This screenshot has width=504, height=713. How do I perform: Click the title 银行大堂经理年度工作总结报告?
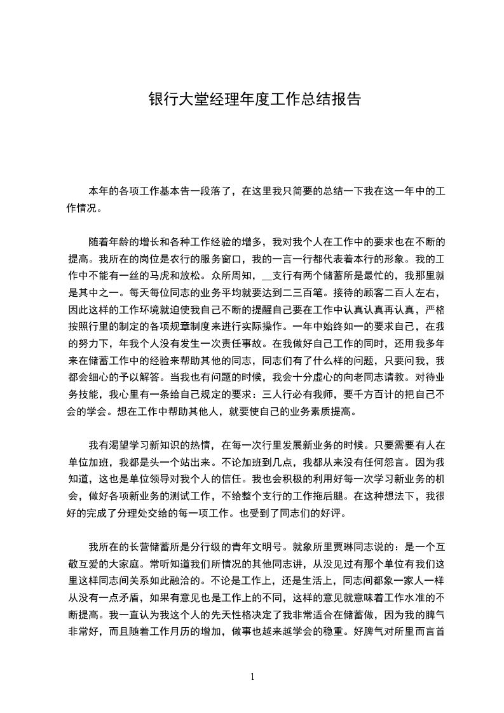tap(255, 100)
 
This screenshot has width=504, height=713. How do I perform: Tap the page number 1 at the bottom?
tap(252, 676)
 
